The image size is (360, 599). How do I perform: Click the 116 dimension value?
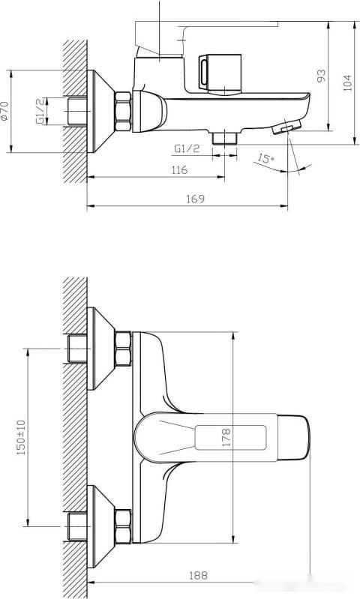click(178, 171)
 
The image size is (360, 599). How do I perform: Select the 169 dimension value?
click(194, 199)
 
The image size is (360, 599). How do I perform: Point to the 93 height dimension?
click(321, 75)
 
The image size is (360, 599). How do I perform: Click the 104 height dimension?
click(347, 82)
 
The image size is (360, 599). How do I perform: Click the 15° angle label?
click(264, 158)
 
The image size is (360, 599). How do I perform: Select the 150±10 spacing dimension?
click(21, 436)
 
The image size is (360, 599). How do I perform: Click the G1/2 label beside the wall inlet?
click(40, 112)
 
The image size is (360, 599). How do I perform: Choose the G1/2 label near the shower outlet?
click(187, 149)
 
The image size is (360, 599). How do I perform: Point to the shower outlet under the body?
click(224, 138)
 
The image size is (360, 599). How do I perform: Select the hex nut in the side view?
click(123, 111)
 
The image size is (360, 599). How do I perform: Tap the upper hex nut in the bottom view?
click(123, 349)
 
